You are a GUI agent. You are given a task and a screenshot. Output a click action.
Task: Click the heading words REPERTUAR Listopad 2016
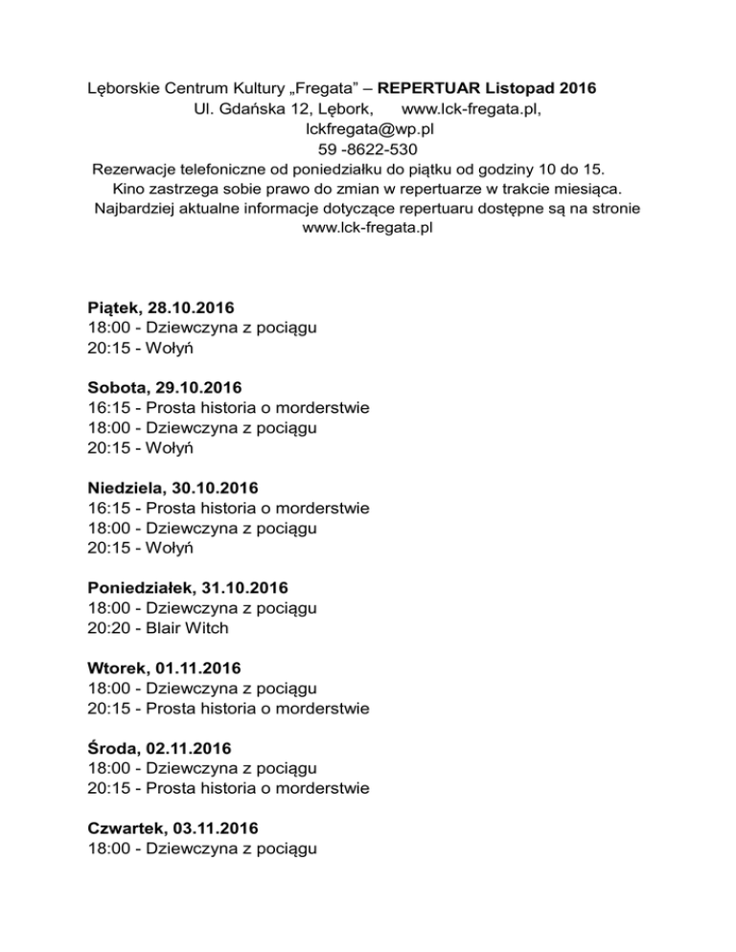point(488,89)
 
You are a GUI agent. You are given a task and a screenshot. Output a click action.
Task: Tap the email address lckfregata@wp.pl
point(367,129)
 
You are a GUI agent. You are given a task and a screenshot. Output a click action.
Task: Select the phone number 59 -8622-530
point(367,149)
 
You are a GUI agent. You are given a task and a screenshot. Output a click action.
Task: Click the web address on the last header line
point(367,229)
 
